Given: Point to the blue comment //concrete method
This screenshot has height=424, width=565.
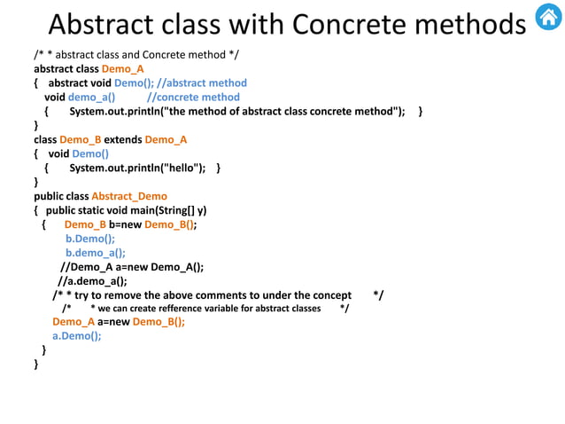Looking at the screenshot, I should (193, 97).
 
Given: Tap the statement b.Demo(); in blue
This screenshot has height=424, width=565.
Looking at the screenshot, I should (90, 238).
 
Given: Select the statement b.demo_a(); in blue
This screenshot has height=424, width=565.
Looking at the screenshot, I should (96, 252).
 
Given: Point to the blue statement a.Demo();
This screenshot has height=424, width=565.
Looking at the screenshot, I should (77, 335).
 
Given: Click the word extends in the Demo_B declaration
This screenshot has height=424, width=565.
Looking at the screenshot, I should (122, 139).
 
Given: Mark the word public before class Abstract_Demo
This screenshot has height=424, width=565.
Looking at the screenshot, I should (48, 196).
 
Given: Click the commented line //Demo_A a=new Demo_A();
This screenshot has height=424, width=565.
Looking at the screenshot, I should (132, 266).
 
